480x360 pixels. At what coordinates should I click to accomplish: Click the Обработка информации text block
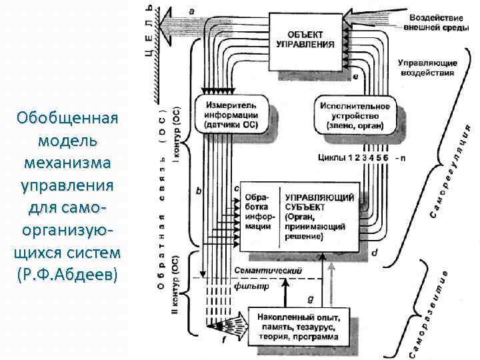(x=257, y=212)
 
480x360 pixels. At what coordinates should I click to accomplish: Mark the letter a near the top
(x=193, y=11)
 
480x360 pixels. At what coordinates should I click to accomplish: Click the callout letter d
(x=374, y=253)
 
